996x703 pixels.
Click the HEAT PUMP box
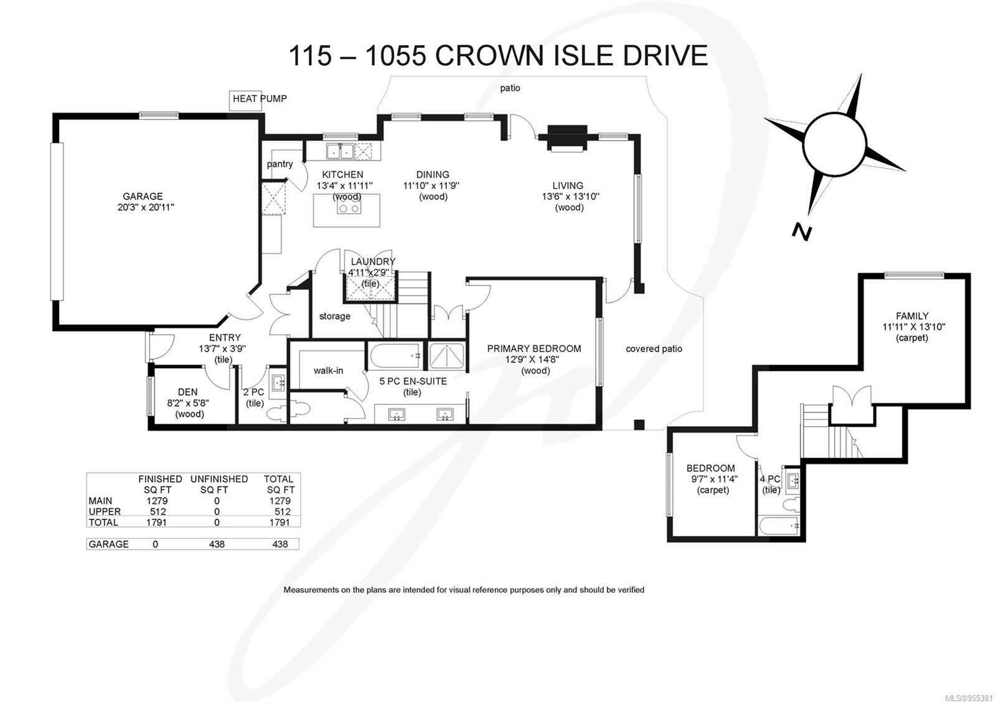click(245, 100)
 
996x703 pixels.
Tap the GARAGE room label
click(143, 197)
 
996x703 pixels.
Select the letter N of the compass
click(801, 231)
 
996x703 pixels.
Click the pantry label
click(280, 164)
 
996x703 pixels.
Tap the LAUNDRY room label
click(373, 262)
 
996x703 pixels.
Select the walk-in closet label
click(328, 371)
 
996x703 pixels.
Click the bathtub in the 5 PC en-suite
click(395, 356)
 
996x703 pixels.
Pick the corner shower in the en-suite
click(446, 356)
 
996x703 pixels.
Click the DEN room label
click(187, 392)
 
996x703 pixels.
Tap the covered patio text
click(654, 349)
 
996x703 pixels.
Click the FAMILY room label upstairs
click(912, 316)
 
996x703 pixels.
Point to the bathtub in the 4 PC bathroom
click(779, 526)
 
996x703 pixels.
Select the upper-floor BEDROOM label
click(710, 468)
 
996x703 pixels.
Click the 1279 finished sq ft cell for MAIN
click(157, 501)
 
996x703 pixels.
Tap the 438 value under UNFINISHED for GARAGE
click(217, 544)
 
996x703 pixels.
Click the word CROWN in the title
click(488, 56)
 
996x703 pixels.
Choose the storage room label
click(334, 317)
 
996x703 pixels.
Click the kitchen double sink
click(340, 151)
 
